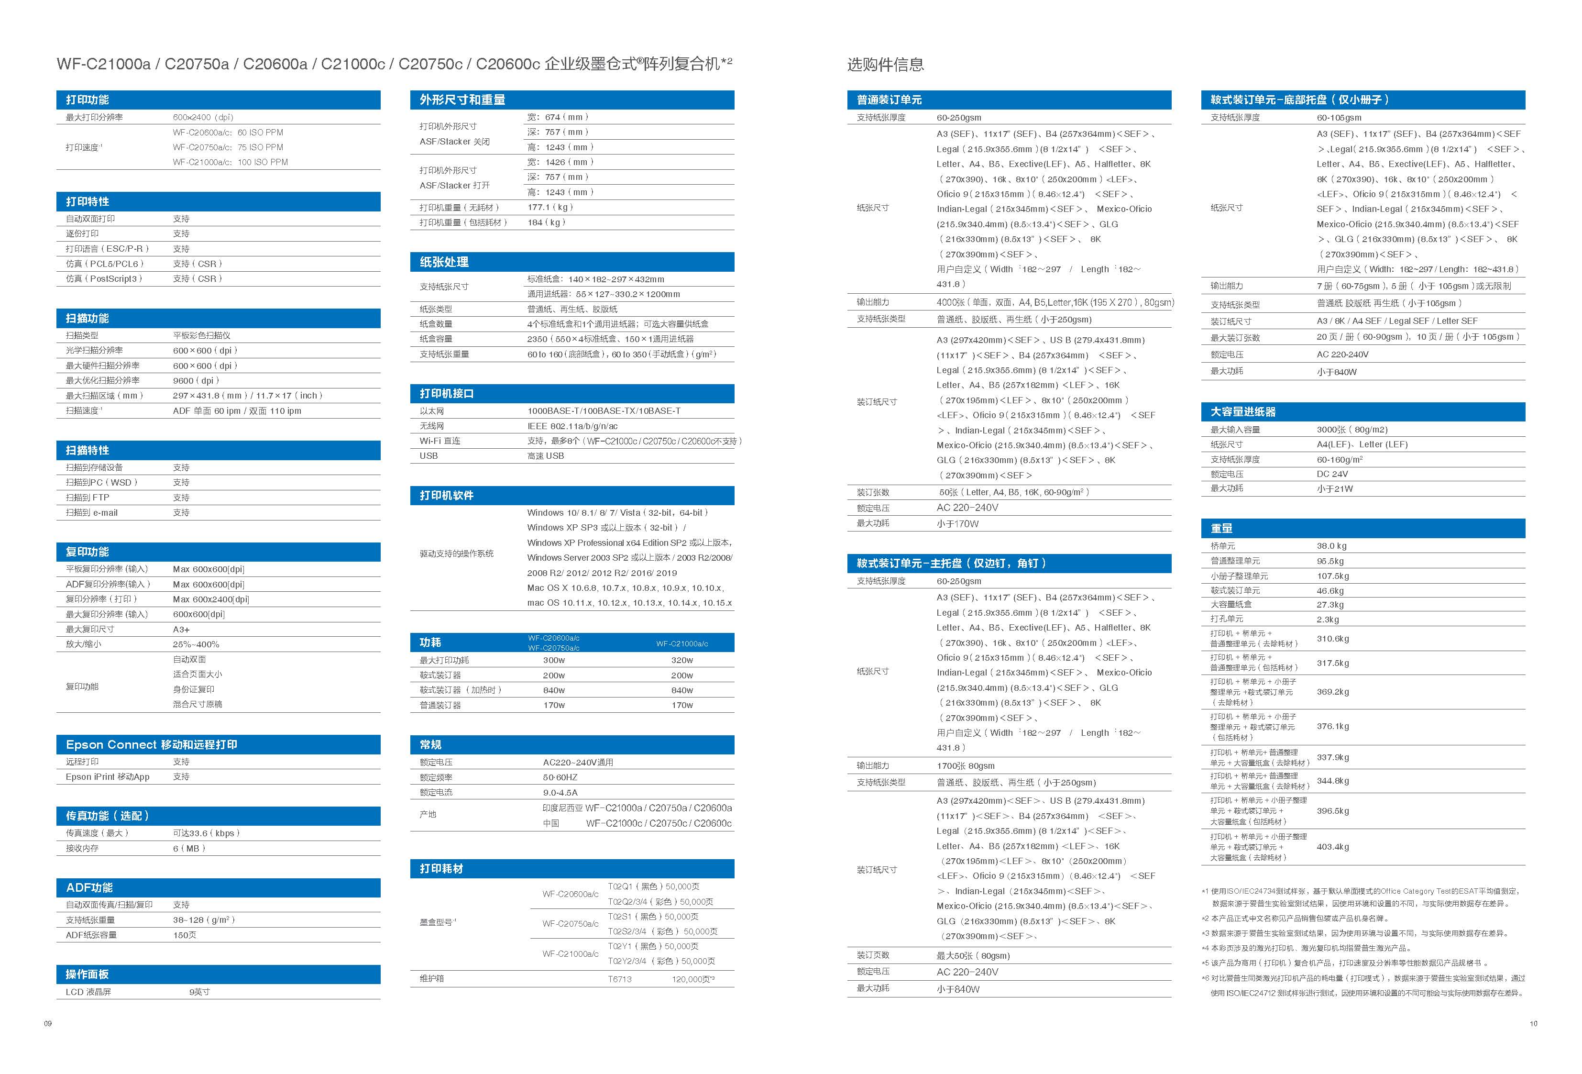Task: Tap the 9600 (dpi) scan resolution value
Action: [x=196, y=381]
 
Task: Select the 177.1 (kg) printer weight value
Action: [x=550, y=207]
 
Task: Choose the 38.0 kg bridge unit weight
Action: [x=1331, y=545]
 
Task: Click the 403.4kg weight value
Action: [x=1332, y=847]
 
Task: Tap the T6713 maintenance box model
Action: [x=619, y=979]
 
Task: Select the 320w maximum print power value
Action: [x=681, y=660]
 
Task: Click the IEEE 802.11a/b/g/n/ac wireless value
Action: [x=572, y=426]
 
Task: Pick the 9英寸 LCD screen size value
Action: [x=199, y=992]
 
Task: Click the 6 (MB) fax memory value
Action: [x=188, y=848]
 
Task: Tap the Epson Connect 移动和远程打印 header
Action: [x=151, y=744]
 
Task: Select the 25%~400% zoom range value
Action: [x=196, y=644]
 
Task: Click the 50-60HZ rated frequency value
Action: [x=560, y=777]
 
